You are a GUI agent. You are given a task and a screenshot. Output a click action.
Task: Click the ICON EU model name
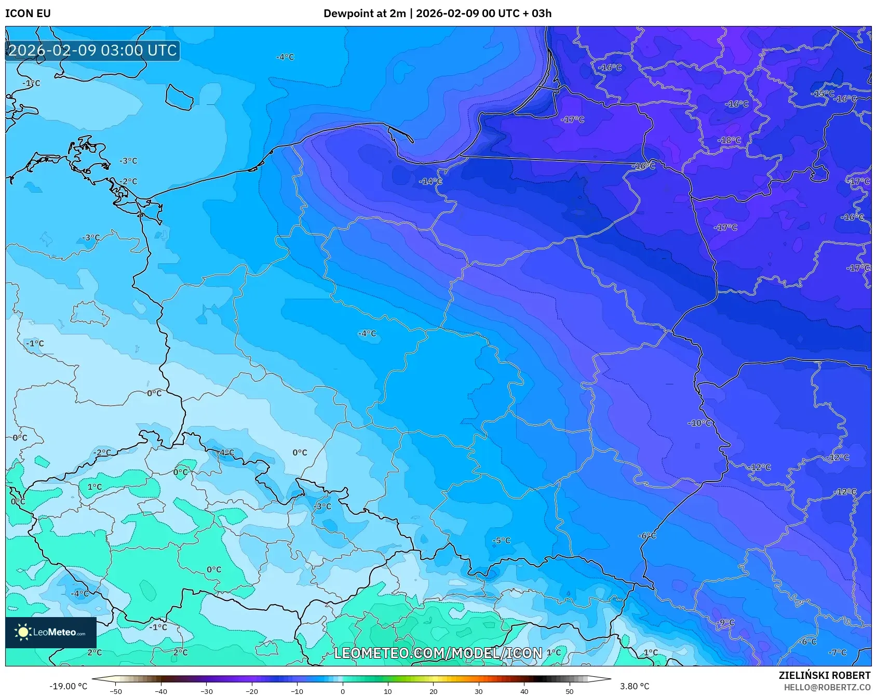28,14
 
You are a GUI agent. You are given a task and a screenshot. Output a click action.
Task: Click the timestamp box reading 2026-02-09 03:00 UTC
92,50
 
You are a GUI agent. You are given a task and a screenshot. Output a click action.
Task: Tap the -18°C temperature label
729,140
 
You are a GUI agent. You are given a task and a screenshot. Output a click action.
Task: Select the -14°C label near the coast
430,181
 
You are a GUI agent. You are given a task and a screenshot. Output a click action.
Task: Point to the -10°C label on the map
699,423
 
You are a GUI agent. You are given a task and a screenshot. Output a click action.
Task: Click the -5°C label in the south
501,540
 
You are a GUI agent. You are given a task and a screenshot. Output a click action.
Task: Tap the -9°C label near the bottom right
725,622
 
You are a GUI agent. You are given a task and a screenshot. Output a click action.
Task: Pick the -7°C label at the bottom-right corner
837,652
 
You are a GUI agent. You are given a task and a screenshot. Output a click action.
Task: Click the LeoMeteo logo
51,632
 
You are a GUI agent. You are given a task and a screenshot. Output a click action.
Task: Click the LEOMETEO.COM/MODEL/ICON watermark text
438,653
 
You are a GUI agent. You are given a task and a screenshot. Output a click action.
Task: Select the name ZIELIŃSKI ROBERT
824,675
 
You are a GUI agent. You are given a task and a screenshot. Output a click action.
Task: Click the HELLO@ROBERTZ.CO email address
827,687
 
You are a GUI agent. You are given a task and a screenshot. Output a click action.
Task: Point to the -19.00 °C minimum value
68,686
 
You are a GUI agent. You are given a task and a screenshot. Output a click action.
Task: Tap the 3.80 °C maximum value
634,686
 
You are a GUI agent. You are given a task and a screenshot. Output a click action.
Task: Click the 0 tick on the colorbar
342,691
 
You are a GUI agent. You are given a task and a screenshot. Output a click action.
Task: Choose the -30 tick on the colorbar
206,691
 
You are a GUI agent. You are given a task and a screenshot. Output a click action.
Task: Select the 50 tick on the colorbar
569,691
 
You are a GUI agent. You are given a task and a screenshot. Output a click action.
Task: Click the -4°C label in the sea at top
285,57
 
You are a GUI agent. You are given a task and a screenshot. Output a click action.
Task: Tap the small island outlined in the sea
179,97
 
